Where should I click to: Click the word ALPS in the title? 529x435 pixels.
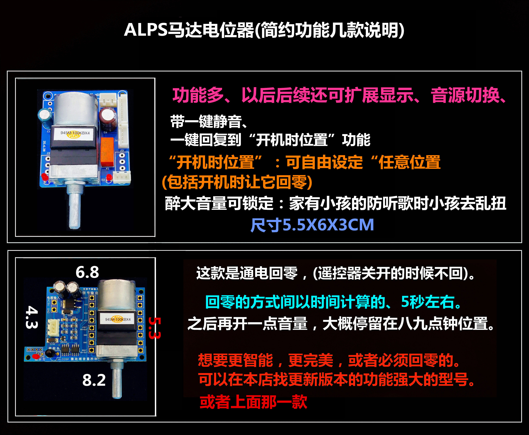pos(146,30)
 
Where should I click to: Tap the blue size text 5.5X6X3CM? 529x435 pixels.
pos(328,225)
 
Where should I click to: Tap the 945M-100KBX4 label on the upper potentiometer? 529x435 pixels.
pos(75,133)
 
